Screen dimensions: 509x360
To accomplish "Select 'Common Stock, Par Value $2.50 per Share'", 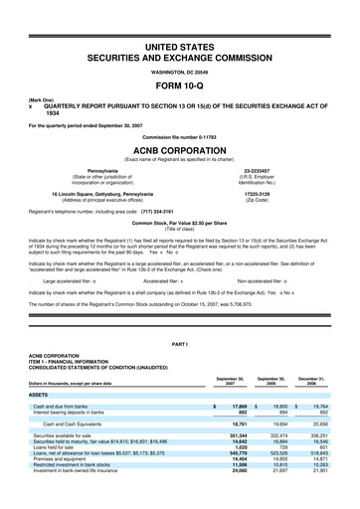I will [x=180, y=224].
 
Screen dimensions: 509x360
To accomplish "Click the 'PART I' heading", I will [x=180, y=343].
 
